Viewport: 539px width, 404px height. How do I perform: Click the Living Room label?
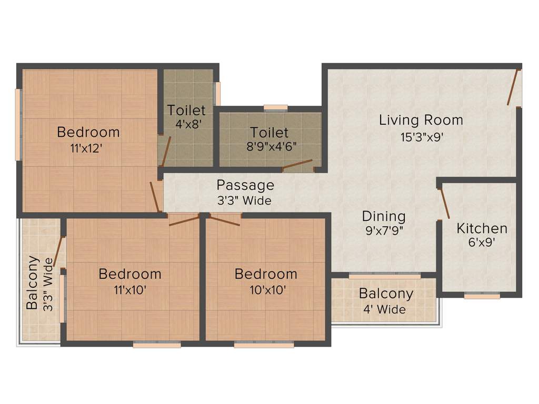421,120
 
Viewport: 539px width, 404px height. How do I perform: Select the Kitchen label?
482,228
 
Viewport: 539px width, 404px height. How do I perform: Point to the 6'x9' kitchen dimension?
482,244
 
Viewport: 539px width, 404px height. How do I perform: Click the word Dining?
384,216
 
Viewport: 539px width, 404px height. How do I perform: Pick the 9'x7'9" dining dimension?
384,230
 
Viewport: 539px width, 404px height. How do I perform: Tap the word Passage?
245,185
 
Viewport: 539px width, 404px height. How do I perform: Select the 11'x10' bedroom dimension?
129,289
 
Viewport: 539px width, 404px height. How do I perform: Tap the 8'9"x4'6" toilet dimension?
270,147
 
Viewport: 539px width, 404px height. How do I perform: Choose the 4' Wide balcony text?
386,309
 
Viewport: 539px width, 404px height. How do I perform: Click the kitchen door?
444,203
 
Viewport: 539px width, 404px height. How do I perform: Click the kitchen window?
482,296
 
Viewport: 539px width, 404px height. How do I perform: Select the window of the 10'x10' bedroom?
264,345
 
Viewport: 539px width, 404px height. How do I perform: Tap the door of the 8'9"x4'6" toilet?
297,166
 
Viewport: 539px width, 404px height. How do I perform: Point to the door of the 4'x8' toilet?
166,151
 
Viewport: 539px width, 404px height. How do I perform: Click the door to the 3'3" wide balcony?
58,251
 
